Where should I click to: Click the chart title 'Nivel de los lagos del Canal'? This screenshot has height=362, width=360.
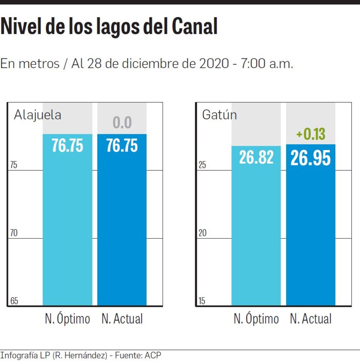109,27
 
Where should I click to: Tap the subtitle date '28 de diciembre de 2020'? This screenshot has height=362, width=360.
158,63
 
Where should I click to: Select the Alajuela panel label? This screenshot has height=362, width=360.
38,115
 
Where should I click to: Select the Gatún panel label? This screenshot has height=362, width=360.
219,115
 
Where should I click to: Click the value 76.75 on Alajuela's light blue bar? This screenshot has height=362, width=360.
67,145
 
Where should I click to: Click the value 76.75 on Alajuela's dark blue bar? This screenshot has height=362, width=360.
122,145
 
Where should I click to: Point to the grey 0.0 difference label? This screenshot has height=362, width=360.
122,123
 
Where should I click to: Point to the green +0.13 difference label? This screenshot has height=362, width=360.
311,134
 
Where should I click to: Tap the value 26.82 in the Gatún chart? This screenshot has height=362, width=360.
256,157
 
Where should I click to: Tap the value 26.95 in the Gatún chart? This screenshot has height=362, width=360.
311,158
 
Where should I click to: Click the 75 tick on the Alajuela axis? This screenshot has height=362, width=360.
14,165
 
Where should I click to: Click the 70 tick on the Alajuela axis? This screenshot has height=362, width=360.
14,233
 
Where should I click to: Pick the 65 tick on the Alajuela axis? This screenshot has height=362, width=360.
14,301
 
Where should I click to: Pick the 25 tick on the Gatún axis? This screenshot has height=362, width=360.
202,165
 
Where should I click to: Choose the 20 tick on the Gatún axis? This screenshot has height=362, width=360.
202,233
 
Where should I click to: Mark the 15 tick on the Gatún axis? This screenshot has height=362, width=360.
202,301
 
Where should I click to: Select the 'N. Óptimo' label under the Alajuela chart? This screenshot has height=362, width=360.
67,319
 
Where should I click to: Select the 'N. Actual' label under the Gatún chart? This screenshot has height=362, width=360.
311,319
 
